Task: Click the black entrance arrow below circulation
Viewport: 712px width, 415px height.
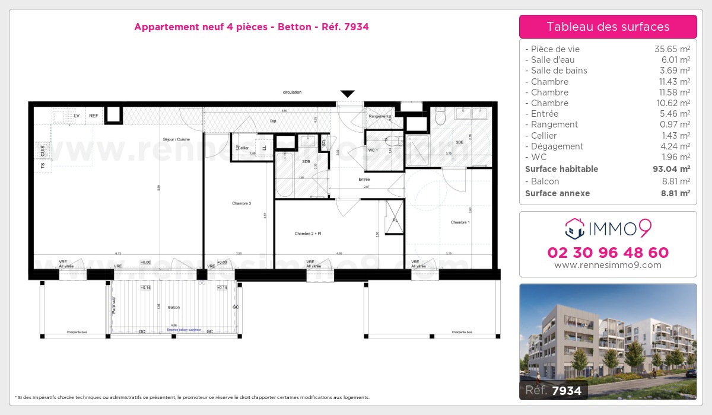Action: (347, 94)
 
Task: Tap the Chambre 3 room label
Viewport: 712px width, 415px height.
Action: (241, 203)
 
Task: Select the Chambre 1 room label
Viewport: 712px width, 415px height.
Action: (460, 222)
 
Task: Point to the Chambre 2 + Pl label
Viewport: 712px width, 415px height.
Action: (307, 234)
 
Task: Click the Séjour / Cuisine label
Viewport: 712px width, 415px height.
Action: (176, 139)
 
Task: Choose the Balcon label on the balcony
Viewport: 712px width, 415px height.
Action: (174, 307)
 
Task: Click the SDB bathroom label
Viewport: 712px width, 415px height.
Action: (306, 161)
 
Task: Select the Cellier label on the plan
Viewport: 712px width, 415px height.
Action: (243, 148)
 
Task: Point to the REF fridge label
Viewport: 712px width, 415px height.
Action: (94, 116)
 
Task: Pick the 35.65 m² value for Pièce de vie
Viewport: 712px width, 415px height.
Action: (672, 49)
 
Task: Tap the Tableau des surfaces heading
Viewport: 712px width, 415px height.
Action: (608, 27)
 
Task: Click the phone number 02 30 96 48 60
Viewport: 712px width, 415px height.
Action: (608, 253)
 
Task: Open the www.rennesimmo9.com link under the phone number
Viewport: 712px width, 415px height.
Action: (608, 265)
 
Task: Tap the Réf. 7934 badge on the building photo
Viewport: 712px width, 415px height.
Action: (554, 390)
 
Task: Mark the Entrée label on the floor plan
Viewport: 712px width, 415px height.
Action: (364, 179)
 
